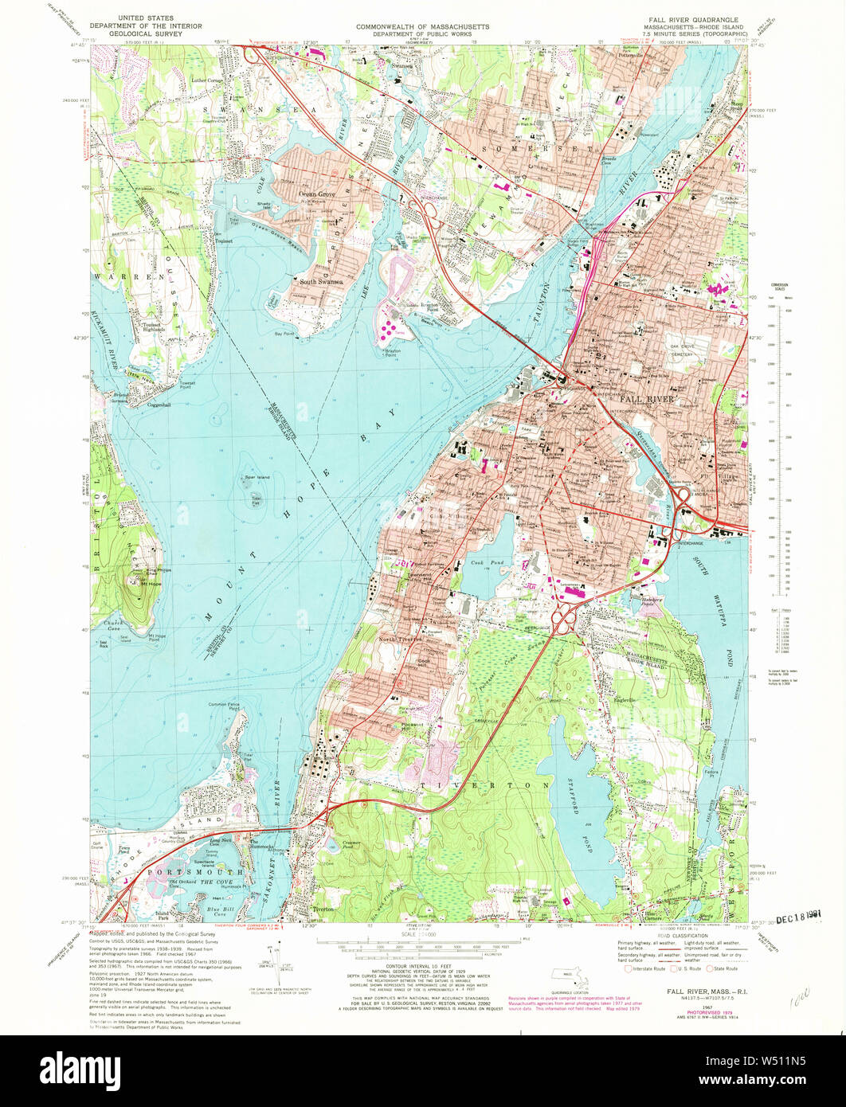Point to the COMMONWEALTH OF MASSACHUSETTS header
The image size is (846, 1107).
422,26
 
